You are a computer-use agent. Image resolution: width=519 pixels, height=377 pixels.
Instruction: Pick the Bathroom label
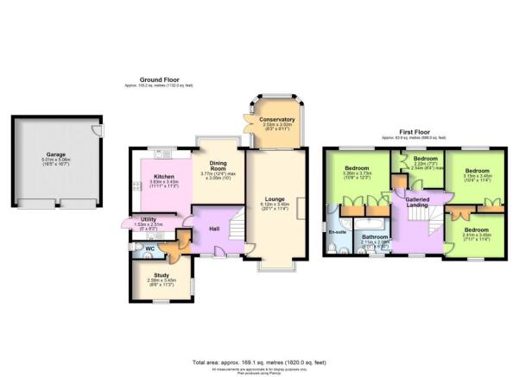coord(375,236)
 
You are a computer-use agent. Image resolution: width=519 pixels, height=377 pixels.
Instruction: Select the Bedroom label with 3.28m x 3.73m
coord(357,167)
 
